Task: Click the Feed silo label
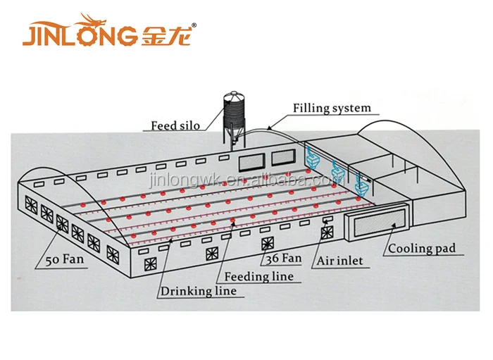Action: click(175, 126)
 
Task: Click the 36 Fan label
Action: click(283, 259)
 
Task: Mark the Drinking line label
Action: click(198, 290)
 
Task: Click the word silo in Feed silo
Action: click(188, 126)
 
